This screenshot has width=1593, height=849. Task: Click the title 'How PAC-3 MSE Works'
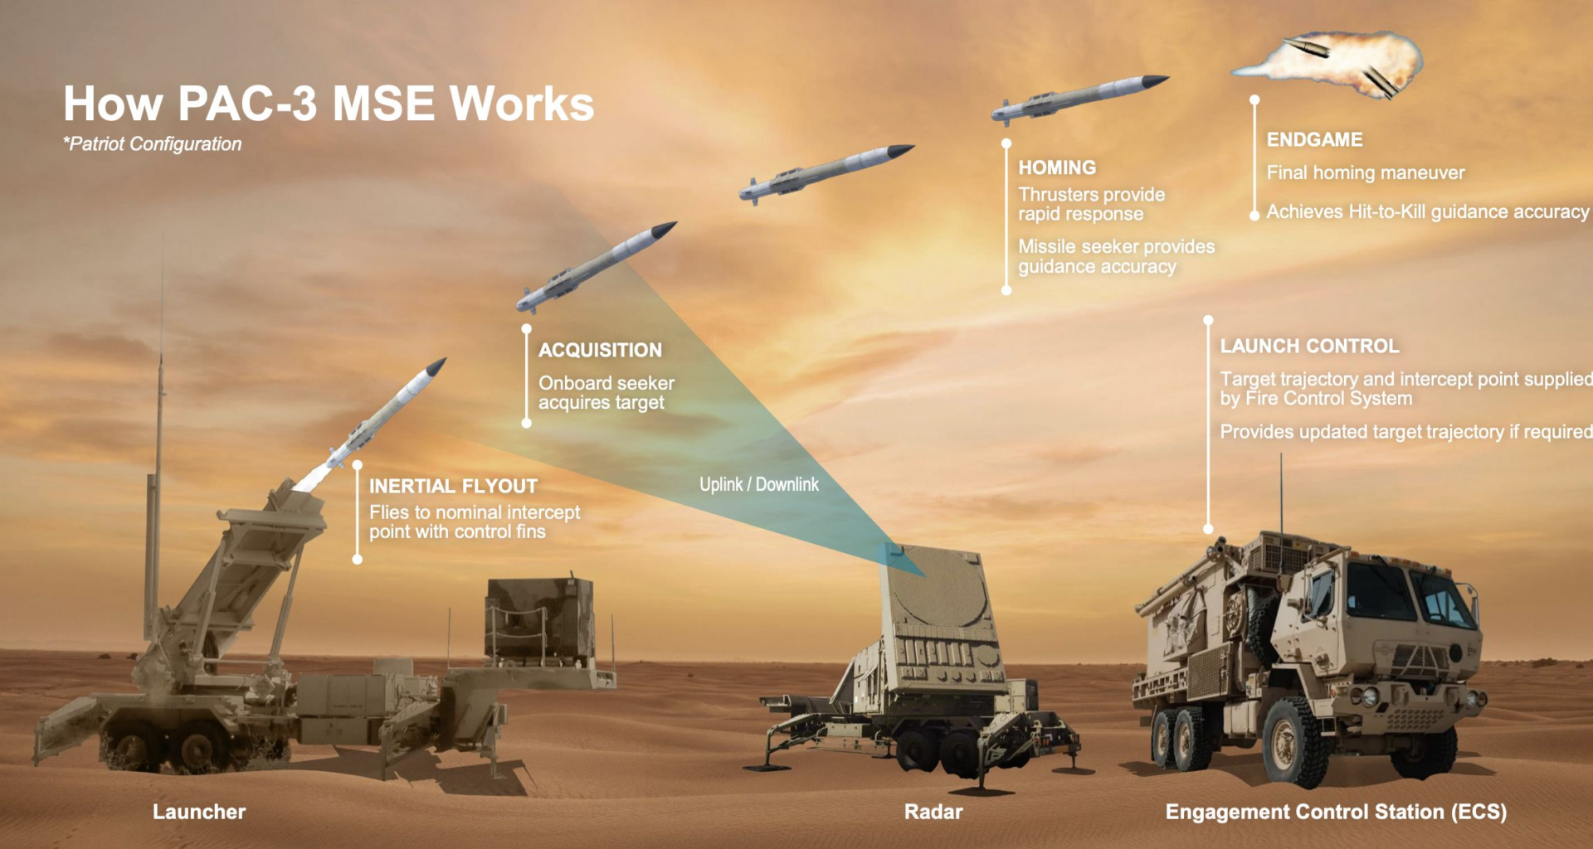tap(329, 104)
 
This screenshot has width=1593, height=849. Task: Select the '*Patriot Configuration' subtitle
tap(153, 144)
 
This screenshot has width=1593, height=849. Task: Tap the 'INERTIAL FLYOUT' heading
tap(453, 486)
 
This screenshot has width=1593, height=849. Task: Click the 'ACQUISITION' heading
tap(600, 350)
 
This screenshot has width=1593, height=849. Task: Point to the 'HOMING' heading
tap(1057, 167)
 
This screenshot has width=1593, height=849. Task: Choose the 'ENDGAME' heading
tap(1314, 139)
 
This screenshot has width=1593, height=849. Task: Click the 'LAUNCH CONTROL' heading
tap(1309, 346)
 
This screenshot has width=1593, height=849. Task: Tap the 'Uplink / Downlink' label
tap(758, 484)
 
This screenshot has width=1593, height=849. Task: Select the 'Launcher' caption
tap(199, 812)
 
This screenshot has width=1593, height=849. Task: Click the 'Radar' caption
tap(933, 812)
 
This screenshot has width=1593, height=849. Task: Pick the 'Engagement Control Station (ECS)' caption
tap(1336, 812)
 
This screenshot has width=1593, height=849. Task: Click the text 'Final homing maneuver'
tap(1365, 172)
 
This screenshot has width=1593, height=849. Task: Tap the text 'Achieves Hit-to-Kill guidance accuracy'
tap(1427, 211)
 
